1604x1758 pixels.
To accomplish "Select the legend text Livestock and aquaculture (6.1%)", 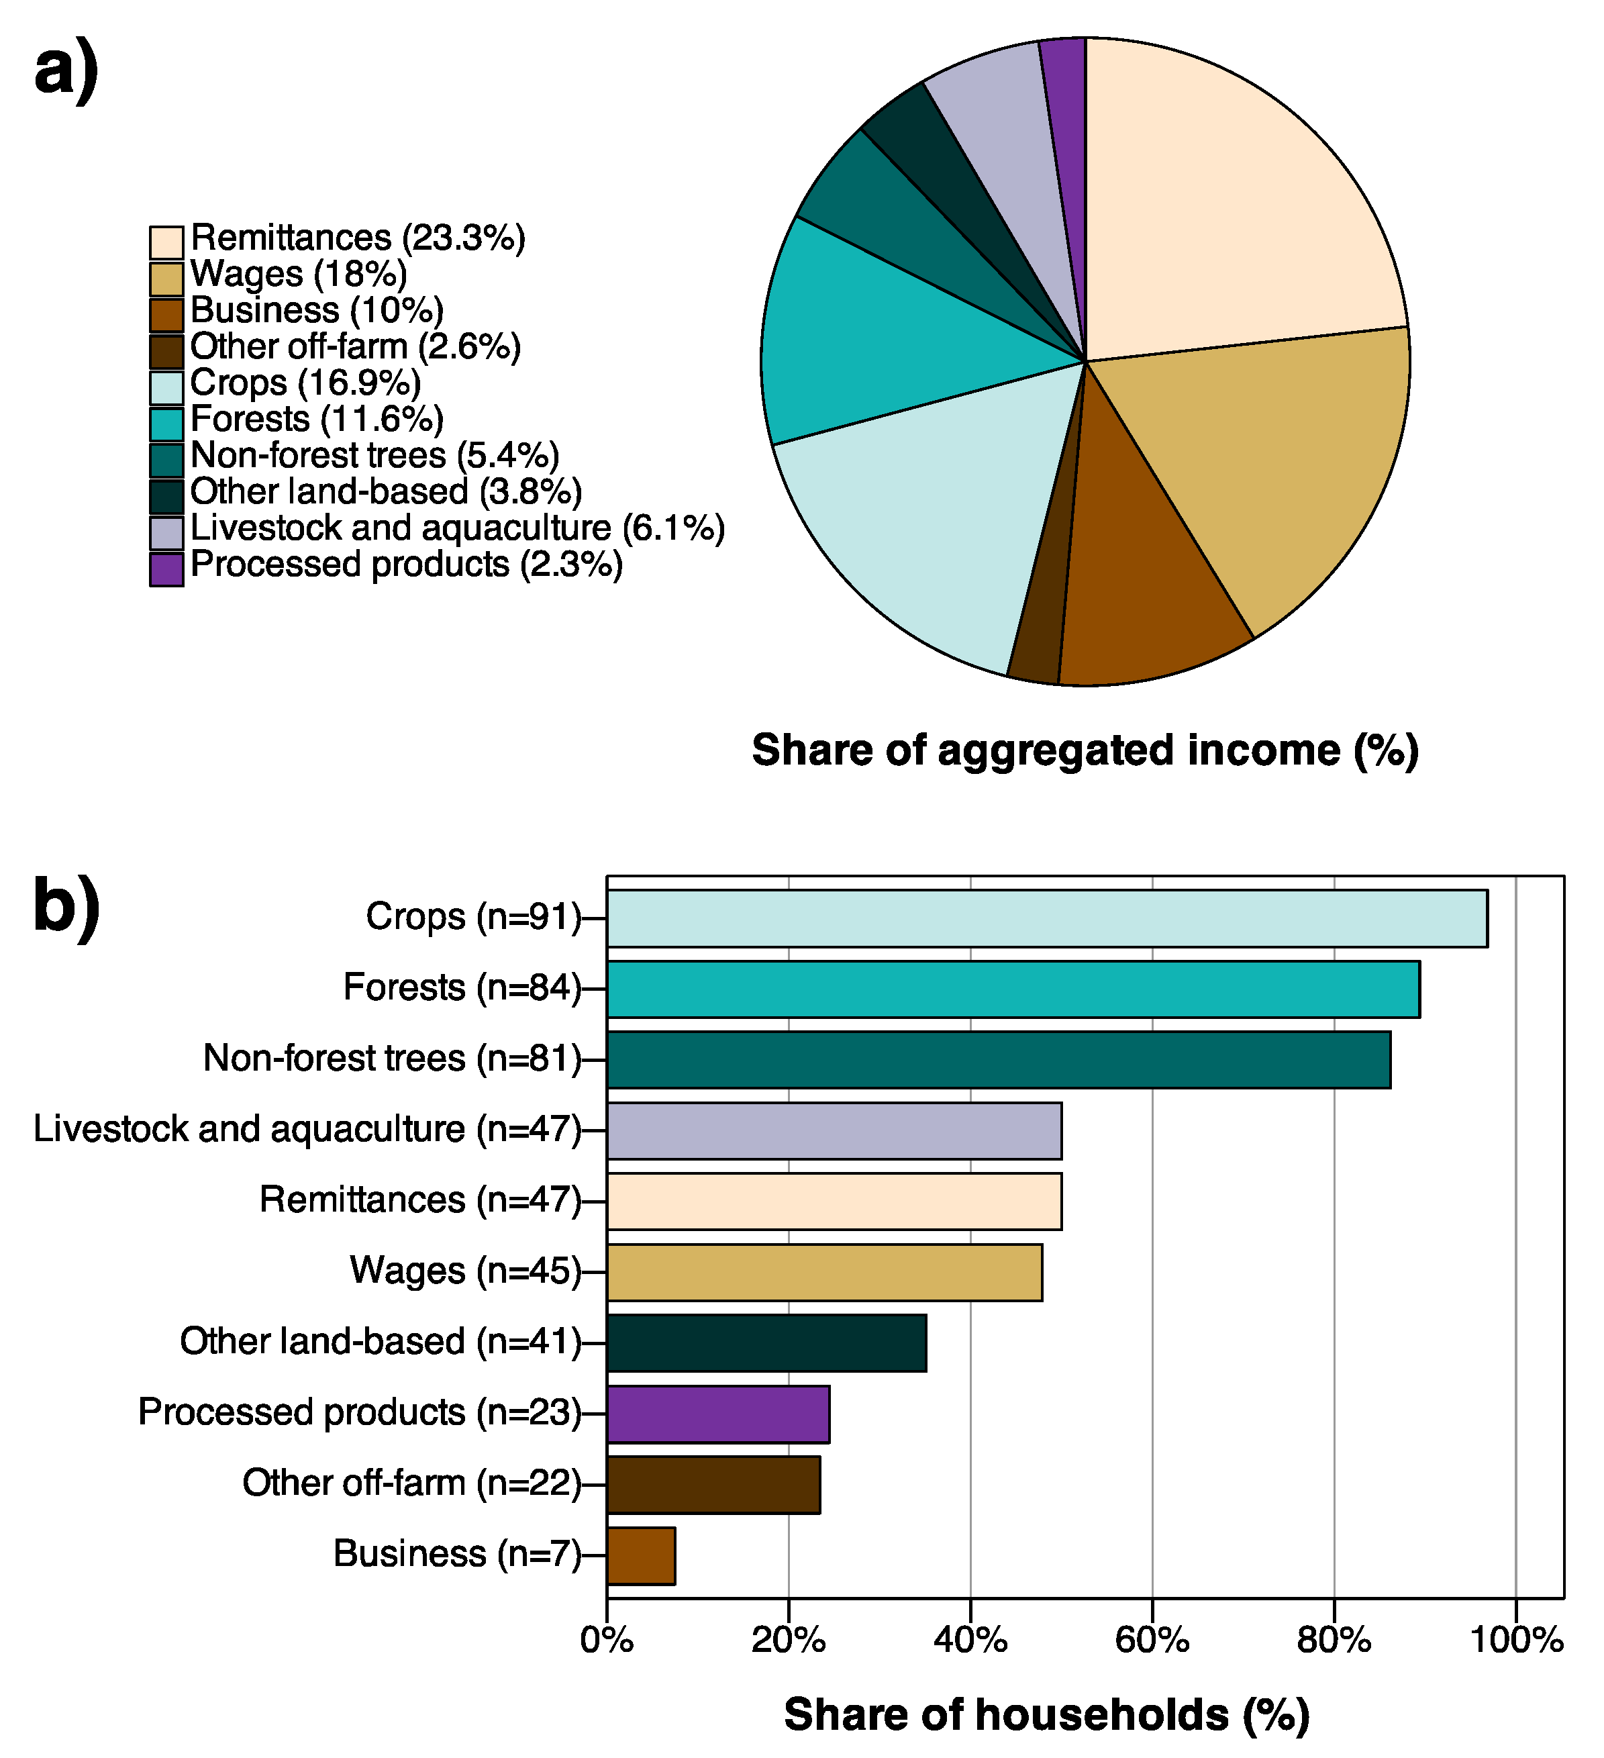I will (x=457, y=528).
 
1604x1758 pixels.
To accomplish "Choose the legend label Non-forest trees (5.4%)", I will (x=374, y=455).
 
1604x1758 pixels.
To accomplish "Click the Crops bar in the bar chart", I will (x=1046, y=918).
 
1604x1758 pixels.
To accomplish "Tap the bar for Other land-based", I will (x=766, y=1343).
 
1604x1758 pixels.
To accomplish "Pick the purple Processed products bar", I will (x=717, y=1414).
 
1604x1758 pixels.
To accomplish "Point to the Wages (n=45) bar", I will (x=823, y=1272).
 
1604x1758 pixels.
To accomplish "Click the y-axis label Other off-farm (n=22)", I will (x=411, y=1483).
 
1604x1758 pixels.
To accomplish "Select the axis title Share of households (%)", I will (x=1046, y=1714).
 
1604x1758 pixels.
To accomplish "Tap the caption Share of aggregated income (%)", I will (x=1085, y=750).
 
